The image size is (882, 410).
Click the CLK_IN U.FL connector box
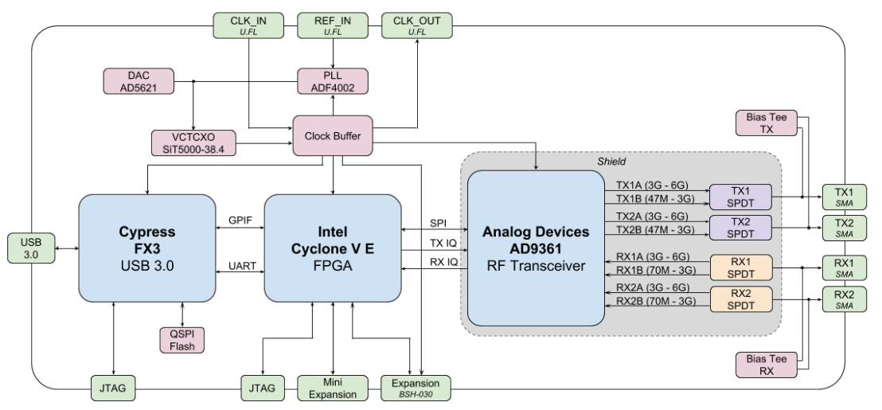248,25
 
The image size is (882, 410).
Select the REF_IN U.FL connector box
333,25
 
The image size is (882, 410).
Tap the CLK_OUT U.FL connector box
417,25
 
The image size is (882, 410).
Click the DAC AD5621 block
139,81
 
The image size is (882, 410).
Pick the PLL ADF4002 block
333,81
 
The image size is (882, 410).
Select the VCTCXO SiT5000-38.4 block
193,143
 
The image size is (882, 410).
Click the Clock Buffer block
333,135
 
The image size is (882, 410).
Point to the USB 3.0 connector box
32,248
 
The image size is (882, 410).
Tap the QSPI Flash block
181,340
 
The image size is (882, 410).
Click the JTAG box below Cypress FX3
113,388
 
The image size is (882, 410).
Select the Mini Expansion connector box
333,388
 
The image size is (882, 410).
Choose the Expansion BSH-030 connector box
416,388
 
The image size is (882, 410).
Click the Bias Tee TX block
767,123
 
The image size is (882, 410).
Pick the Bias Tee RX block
767,365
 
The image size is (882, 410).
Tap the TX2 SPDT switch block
740,228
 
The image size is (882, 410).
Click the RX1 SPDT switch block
741,267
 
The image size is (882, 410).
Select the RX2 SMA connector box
845,299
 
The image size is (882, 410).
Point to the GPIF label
240,221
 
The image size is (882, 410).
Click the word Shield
611,162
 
